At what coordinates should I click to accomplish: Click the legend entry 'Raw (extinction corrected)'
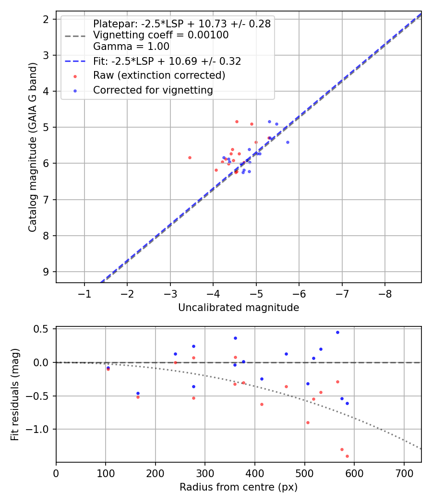pyautogui.click(x=159, y=75)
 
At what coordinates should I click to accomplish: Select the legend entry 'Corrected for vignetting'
pyautogui.click(x=153, y=90)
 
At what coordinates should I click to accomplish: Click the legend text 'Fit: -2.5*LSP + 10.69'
pyautogui.click(x=167, y=61)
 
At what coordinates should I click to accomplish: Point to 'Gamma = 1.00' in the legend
pyautogui.click(x=131, y=47)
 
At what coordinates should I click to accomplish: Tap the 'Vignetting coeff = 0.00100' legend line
pyautogui.click(x=160, y=35)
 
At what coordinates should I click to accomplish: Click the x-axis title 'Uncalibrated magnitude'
pyautogui.click(x=239, y=308)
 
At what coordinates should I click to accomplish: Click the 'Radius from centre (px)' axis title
pyautogui.click(x=239, y=487)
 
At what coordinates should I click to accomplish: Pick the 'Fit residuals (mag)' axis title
pyautogui.click(x=16, y=395)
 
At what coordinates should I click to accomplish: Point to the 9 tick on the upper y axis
pyautogui.click(x=47, y=272)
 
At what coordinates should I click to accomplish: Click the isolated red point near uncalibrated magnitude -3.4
pyautogui.click(x=190, y=157)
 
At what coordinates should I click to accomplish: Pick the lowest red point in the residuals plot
pyautogui.click(x=347, y=456)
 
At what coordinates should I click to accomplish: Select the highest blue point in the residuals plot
pyautogui.click(x=337, y=332)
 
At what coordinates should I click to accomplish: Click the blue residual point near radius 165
pyautogui.click(x=138, y=393)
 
